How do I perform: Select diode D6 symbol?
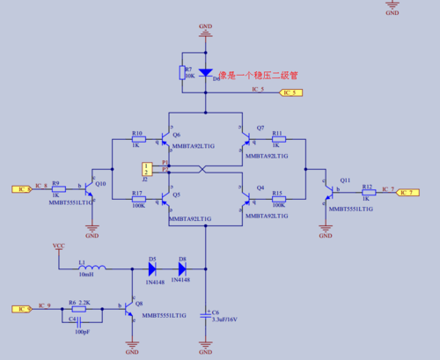coord(205,73)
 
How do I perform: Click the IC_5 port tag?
coord(290,92)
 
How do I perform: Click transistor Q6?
coord(168,139)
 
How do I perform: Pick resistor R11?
coord(277,140)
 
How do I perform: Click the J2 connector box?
coord(147,167)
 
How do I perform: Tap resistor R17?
coord(138,200)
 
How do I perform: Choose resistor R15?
coord(277,200)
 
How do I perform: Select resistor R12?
coord(368,191)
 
